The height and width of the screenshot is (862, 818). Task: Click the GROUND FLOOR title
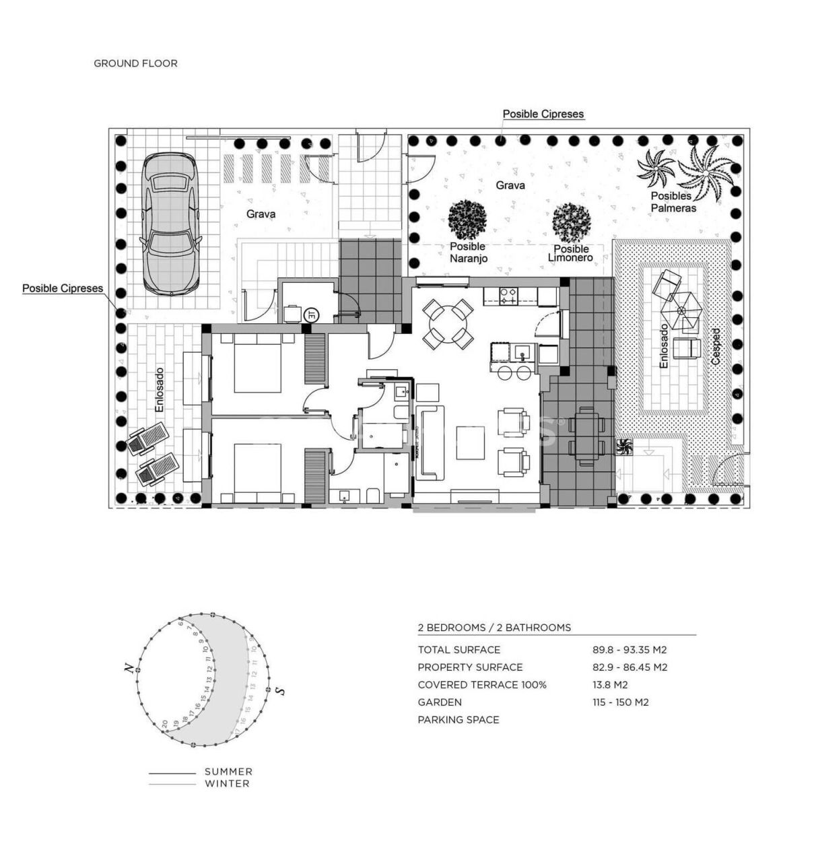pyautogui.click(x=135, y=63)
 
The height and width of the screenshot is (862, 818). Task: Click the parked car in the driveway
pyautogui.click(x=170, y=224)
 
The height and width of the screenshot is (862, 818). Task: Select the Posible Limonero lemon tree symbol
pyautogui.click(x=571, y=223)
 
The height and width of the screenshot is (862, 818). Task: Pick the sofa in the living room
pyautogui.click(x=429, y=442)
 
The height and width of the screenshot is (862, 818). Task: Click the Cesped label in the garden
pyautogui.click(x=716, y=347)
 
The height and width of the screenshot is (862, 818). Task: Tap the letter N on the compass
pyautogui.click(x=127, y=668)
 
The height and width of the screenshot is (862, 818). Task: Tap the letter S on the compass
pyautogui.click(x=280, y=691)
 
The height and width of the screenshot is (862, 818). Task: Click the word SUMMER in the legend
pyautogui.click(x=228, y=772)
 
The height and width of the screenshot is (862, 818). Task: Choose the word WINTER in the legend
pyautogui.click(x=227, y=784)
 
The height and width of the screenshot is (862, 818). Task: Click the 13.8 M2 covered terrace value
pyautogui.click(x=610, y=685)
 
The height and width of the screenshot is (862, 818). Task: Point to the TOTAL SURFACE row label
pyautogui.click(x=458, y=650)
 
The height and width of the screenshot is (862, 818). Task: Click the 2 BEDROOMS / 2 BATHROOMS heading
pyautogui.click(x=494, y=628)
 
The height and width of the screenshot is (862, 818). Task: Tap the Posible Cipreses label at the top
pyautogui.click(x=543, y=114)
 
